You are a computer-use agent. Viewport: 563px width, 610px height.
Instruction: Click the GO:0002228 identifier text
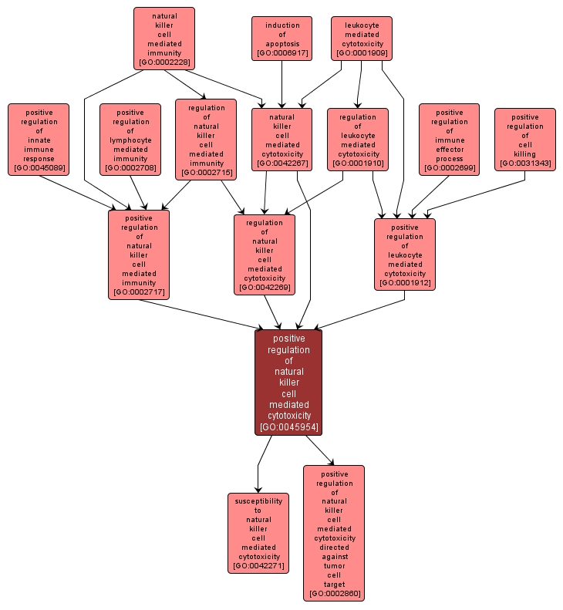[164, 62]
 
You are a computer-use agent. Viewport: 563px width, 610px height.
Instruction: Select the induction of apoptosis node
[281, 39]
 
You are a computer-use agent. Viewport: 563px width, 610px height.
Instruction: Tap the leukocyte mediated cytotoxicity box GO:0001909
[361, 39]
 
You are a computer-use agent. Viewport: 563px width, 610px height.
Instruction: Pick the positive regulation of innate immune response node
[39, 140]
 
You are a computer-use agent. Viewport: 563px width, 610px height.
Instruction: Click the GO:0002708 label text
[130, 167]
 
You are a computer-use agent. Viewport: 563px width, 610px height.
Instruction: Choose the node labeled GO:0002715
[206, 140]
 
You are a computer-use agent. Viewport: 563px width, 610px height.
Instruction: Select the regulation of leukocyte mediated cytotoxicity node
[358, 140]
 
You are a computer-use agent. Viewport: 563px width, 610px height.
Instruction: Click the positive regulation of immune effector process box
[449, 140]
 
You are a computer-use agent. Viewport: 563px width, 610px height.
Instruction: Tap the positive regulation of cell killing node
[524, 140]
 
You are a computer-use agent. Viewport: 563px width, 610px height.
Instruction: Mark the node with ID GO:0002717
[139, 254]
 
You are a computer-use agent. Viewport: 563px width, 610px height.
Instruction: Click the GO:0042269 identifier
[265, 288]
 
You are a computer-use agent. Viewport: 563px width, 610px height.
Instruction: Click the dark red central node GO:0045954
[288, 383]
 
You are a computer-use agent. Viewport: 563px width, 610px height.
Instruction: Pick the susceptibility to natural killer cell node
[258, 533]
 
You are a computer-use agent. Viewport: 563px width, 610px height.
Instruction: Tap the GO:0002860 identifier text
[334, 594]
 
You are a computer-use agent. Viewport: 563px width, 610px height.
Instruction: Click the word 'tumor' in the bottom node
[334, 565]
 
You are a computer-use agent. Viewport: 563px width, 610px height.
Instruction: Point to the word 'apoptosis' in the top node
[281, 44]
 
